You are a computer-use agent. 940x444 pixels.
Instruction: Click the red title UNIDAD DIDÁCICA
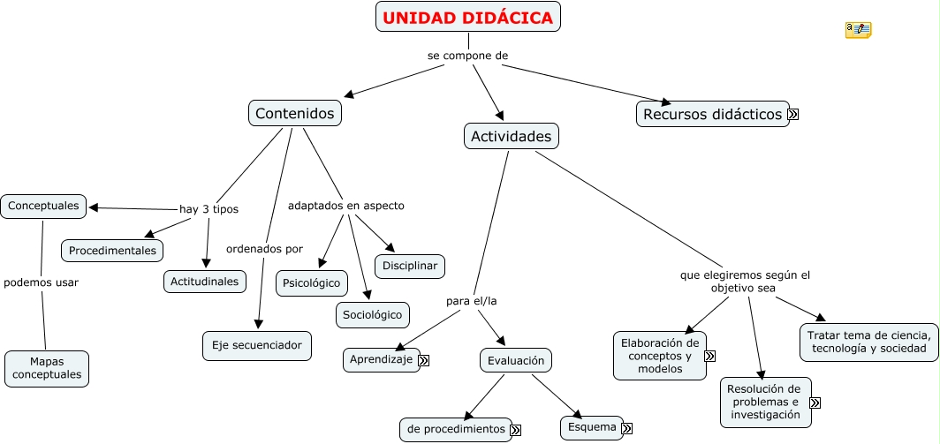(467, 18)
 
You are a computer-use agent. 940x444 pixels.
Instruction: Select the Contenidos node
(295, 113)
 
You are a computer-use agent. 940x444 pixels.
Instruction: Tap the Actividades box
(512, 136)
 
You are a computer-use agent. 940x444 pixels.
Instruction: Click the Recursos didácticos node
(713, 114)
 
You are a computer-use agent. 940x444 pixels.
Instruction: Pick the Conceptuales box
(43, 207)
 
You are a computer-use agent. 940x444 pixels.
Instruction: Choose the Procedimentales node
(112, 251)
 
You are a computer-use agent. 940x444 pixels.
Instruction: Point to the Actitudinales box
(204, 282)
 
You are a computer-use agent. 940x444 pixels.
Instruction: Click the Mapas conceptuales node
(47, 368)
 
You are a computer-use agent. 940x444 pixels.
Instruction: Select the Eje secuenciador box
(256, 346)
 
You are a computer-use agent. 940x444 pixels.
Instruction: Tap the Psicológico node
(312, 283)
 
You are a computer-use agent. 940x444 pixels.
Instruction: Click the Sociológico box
(372, 315)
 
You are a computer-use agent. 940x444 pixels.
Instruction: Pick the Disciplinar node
(410, 266)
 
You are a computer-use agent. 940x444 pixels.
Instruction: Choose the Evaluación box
(516, 360)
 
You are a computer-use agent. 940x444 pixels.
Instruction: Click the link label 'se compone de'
(467, 56)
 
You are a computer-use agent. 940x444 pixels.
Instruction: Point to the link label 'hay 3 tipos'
(208, 209)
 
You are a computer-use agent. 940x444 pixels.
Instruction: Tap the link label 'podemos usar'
(41, 282)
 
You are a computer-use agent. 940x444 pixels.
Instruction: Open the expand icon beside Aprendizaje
(424, 360)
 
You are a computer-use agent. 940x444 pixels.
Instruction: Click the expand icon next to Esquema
(627, 428)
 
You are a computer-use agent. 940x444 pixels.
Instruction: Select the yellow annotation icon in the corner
(858, 30)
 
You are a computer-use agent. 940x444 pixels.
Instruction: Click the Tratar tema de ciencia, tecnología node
(868, 342)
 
